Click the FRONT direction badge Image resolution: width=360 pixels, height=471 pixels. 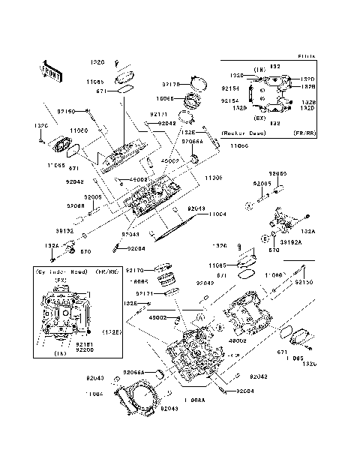click(x=51, y=70)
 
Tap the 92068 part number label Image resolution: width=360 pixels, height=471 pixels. click(x=74, y=205)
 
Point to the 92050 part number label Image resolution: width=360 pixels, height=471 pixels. click(x=278, y=172)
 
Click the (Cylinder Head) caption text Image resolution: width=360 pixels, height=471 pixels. click(x=62, y=271)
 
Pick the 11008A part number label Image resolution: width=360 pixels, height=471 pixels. click(x=193, y=401)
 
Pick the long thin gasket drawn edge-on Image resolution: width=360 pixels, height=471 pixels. click(x=177, y=226)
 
